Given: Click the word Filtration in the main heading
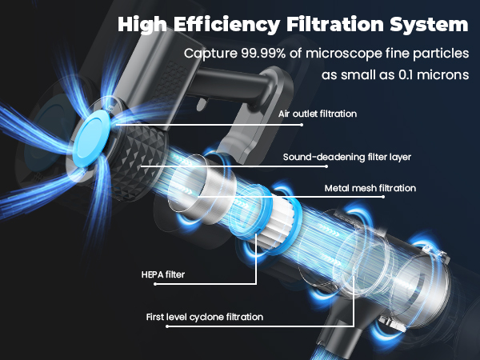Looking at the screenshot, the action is pos(335,24).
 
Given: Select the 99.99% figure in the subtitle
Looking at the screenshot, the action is pos(263,54).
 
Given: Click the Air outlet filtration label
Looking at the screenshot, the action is pos(318,114).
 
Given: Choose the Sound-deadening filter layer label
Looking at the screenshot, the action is pos(347,157).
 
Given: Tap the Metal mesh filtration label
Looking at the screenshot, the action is pos(370,188).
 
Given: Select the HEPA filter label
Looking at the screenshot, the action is pos(163,274).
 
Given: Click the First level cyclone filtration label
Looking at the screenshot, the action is pos(205,317).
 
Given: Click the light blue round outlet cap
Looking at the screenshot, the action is pos(93,138).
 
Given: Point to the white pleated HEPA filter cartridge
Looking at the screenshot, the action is pos(278,221).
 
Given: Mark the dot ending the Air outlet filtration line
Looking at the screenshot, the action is pos(302,125).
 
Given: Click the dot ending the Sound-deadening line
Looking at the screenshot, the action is pos(326,166).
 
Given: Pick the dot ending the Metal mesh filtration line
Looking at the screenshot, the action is pos(383,197).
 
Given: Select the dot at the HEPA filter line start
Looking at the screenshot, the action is pos(155,284).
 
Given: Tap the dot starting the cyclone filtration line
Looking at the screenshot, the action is pos(167,326).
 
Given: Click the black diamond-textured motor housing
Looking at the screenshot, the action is pos(138,162).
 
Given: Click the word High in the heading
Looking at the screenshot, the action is pos(142,25).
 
